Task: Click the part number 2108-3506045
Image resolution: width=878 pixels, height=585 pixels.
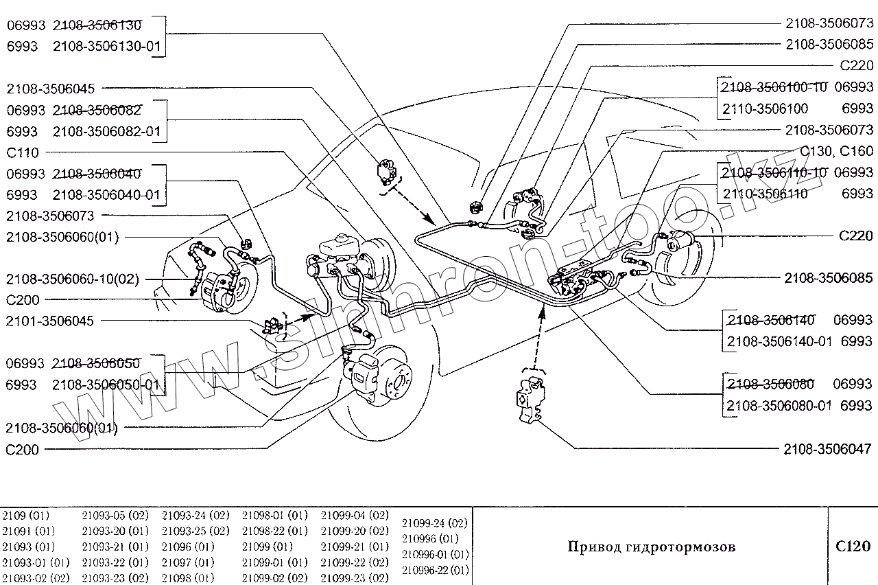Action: pyautogui.click(x=51, y=89)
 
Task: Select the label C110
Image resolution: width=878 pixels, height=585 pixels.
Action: pyautogui.click(x=23, y=152)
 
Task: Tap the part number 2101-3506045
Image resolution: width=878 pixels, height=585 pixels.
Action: pyautogui.click(x=51, y=321)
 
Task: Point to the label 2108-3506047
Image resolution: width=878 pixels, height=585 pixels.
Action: pyautogui.click(x=828, y=450)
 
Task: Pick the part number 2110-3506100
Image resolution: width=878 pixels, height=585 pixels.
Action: pyautogui.click(x=765, y=108)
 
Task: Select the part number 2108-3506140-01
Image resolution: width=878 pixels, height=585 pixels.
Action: pyautogui.click(x=779, y=341)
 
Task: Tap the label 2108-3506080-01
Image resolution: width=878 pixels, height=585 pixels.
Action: pyautogui.click(x=779, y=406)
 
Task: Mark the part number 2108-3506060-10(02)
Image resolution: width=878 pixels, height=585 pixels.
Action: pyautogui.click(x=72, y=279)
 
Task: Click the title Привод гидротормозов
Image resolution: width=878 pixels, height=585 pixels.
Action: pyautogui.click(x=651, y=547)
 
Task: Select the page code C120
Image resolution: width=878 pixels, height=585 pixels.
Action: pyautogui.click(x=853, y=547)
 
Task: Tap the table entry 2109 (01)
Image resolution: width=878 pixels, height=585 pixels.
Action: pyautogui.click(x=26, y=515)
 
